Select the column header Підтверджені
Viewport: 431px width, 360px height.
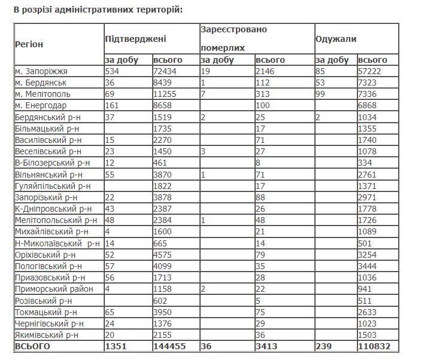136,39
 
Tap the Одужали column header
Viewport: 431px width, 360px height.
336,39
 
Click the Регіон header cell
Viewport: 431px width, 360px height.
30,44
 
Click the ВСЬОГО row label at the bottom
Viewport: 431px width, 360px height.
33,346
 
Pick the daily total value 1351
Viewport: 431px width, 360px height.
117,346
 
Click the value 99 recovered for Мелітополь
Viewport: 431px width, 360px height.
322,94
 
